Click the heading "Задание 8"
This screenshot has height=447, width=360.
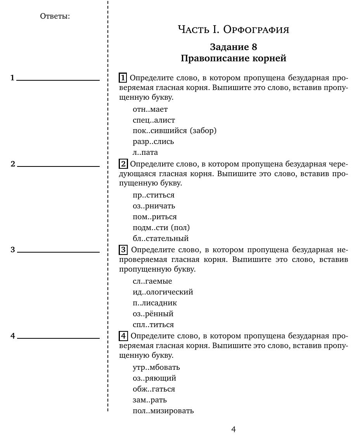(x=233, y=47)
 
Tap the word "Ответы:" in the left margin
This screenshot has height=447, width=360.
(x=55, y=16)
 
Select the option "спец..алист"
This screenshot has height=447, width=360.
(x=154, y=120)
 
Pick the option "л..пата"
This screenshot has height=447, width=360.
(x=145, y=152)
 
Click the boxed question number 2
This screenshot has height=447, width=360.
(x=123, y=164)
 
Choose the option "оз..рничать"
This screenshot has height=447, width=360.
(x=154, y=206)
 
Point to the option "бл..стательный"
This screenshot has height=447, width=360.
(x=161, y=238)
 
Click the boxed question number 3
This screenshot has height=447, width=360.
(x=123, y=249)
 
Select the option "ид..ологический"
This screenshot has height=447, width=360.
(x=163, y=292)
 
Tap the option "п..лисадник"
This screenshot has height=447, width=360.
(x=154, y=303)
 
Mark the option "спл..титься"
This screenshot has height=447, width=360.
(x=153, y=324)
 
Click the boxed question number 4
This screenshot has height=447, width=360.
(x=123, y=336)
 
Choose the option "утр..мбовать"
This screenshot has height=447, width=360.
(x=156, y=367)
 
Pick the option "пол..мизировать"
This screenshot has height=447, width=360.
(x=163, y=411)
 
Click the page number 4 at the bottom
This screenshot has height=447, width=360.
(x=233, y=429)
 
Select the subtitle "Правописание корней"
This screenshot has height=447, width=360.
(x=233, y=58)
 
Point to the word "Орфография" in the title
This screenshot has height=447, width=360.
(x=256, y=29)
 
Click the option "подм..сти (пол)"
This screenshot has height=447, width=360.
(x=161, y=227)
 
